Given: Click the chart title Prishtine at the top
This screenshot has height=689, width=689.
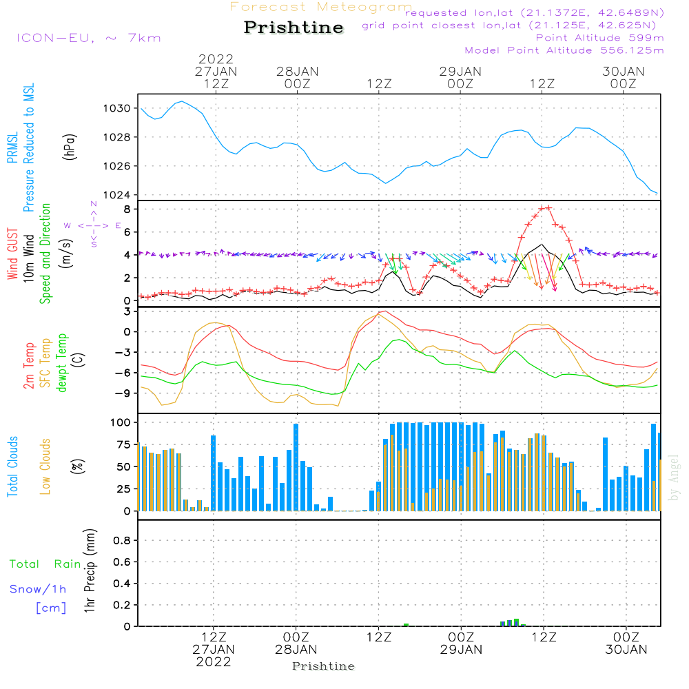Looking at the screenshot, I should pyautogui.click(x=294, y=28).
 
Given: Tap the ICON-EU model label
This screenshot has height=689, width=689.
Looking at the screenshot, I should pyautogui.click(x=88, y=38).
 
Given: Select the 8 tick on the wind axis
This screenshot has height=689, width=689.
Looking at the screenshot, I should pyautogui.click(x=127, y=209).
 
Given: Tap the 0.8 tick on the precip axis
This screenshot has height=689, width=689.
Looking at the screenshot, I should pyautogui.click(x=122, y=541).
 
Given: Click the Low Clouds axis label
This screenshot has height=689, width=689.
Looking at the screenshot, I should pyautogui.click(x=46, y=465).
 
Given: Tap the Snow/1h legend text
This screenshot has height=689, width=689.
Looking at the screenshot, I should pyautogui.click(x=38, y=590).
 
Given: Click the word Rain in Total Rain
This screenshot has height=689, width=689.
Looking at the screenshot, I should pyautogui.click(x=68, y=564).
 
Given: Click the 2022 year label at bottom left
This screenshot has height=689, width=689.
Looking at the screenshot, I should pyautogui.click(x=214, y=661).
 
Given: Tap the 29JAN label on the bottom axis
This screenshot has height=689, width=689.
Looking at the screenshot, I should pyautogui.click(x=461, y=649).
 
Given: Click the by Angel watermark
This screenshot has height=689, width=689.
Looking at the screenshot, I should pyautogui.click(x=674, y=478).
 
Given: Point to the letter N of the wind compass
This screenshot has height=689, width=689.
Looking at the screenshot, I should pyautogui.click(x=93, y=204).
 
